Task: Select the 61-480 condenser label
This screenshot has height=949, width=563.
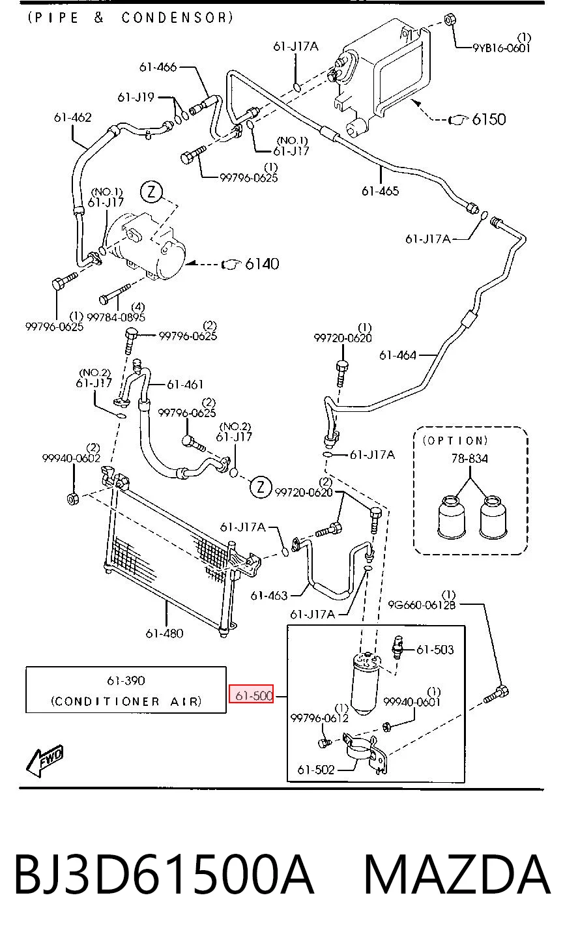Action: [164, 634]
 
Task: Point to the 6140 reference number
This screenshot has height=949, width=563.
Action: [262, 264]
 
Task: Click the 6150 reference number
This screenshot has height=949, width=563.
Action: [489, 119]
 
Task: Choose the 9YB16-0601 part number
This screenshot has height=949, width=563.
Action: [502, 48]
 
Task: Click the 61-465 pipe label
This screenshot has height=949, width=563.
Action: [380, 191]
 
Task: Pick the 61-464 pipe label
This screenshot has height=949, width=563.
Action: [397, 355]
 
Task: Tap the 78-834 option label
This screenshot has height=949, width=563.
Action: [469, 458]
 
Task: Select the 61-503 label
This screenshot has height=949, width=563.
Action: [435, 649]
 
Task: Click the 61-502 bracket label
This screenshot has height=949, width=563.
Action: [316, 769]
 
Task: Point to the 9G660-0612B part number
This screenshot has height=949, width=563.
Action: [422, 605]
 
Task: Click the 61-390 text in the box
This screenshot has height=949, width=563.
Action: [126, 680]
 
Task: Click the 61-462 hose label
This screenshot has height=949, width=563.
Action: [72, 117]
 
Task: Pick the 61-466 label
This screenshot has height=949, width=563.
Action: [158, 67]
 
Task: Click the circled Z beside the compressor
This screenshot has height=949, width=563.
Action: [151, 192]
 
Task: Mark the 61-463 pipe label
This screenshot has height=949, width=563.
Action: [269, 595]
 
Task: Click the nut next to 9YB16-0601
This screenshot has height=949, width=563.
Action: [450, 19]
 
